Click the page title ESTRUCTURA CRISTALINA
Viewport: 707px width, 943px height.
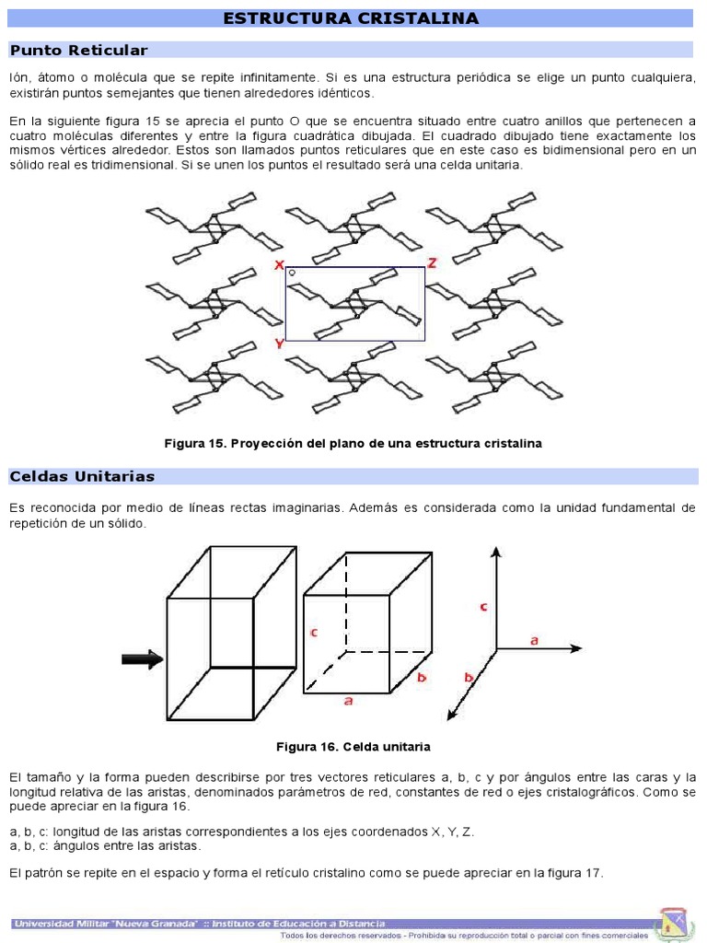pos(352,18)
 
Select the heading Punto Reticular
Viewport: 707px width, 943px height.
pos(78,50)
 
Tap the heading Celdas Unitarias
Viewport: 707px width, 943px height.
pos(82,476)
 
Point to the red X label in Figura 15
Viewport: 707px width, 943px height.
pos(278,265)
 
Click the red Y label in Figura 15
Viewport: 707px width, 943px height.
pos(278,343)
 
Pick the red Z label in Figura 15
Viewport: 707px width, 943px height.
pos(431,263)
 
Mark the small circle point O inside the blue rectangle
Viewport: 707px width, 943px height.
pos(292,273)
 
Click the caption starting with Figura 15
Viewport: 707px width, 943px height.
pos(353,443)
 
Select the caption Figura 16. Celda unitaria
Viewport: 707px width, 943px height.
pos(353,746)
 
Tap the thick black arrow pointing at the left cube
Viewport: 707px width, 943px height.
pos(142,658)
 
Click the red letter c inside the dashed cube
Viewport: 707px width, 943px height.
pos(314,633)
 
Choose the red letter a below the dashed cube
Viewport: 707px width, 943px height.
pos(348,701)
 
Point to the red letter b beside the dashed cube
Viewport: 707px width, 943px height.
pos(422,677)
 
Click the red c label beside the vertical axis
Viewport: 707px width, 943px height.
pos(483,607)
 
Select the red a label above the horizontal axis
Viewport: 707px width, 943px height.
pos(534,637)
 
